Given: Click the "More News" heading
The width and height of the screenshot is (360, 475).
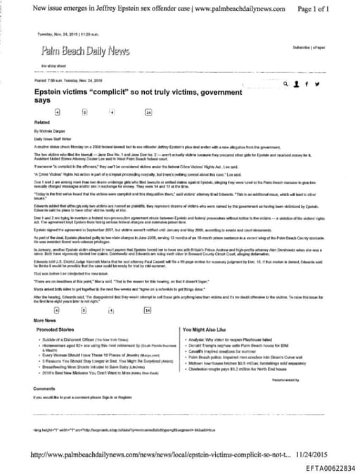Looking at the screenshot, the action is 46,319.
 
